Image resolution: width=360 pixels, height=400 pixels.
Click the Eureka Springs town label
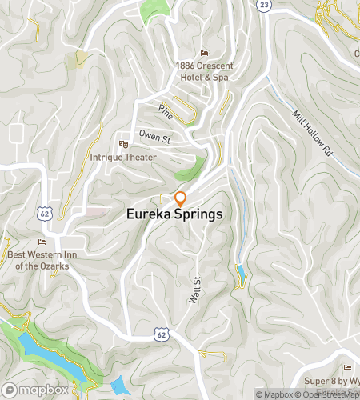[174, 215]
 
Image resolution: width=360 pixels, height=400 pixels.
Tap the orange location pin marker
[181, 198]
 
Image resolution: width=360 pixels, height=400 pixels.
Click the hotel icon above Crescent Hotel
[204, 53]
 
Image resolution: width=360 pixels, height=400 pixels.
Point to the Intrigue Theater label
[123, 158]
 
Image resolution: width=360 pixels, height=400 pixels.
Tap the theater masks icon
[122, 144]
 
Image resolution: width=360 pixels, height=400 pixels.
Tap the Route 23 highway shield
[263, 5]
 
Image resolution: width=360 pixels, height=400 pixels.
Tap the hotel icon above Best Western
[42, 242]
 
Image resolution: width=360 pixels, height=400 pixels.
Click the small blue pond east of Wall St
[240, 275]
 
